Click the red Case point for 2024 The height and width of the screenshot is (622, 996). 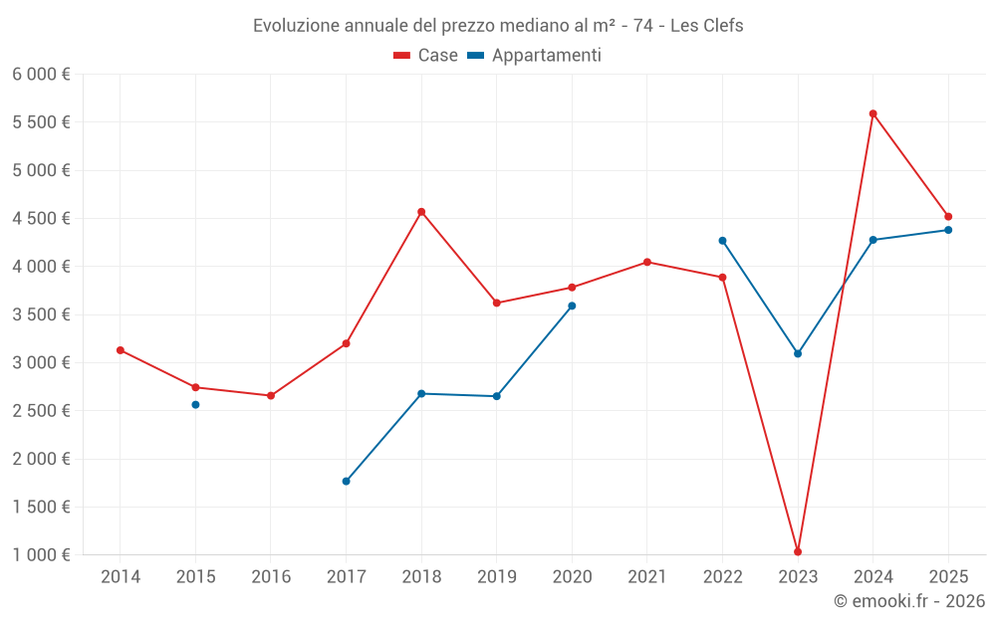pyautogui.click(x=872, y=113)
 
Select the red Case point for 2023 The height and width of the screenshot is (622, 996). pyautogui.click(x=798, y=551)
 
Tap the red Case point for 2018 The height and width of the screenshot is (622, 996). pyautogui.click(x=421, y=212)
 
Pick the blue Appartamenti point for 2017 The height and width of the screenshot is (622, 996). pyautogui.click(x=346, y=481)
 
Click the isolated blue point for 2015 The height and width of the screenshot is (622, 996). pyautogui.click(x=195, y=404)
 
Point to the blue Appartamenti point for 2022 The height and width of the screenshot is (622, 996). pyautogui.click(x=722, y=241)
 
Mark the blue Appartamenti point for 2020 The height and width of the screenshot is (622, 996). pyautogui.click(x=572, y=306)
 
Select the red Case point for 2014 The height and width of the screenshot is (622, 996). pyautogui.click(x=120, y=350)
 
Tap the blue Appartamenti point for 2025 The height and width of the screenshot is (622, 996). pyautogui.click(x=948, y=230)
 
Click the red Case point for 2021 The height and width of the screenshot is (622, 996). pyautogui.click(x=647, y=263)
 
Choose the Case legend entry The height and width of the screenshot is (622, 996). pyautogui.click(x=426, y=56)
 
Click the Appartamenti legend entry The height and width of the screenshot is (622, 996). pyautogui.click(x=535, y=56)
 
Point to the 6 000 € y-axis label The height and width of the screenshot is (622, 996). pyautogui.click(x=41, y=75)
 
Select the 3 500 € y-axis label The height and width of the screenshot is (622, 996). pyautogui.click(x=41, y=314)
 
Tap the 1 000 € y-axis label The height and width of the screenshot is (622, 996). pyautogui.click(x=41, y=555)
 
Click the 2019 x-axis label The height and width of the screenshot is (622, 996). pyautogui.click(x=496, y=576)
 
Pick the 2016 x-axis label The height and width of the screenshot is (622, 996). pyautogui.click(x=271, y=576)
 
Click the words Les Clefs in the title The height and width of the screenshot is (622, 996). pyautogui.click(x=706, y=26)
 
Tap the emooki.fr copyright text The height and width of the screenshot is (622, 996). pyautogui.click(x=909, y=601)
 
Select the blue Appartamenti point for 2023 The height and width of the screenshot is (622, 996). pyautogui.click(x=798, y=353)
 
